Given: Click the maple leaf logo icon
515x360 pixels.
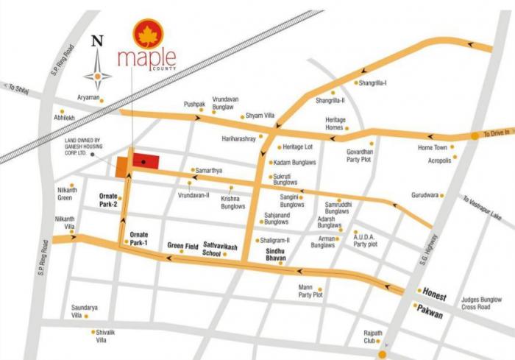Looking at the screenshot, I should [148, 33].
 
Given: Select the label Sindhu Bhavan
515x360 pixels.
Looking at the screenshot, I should [279, 255].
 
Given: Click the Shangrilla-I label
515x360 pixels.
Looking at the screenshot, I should [374, 82].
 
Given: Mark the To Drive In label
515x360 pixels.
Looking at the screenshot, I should [497, 134].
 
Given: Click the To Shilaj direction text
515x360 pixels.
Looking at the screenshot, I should [20, 87].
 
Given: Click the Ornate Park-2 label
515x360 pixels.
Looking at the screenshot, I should [108, 200].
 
